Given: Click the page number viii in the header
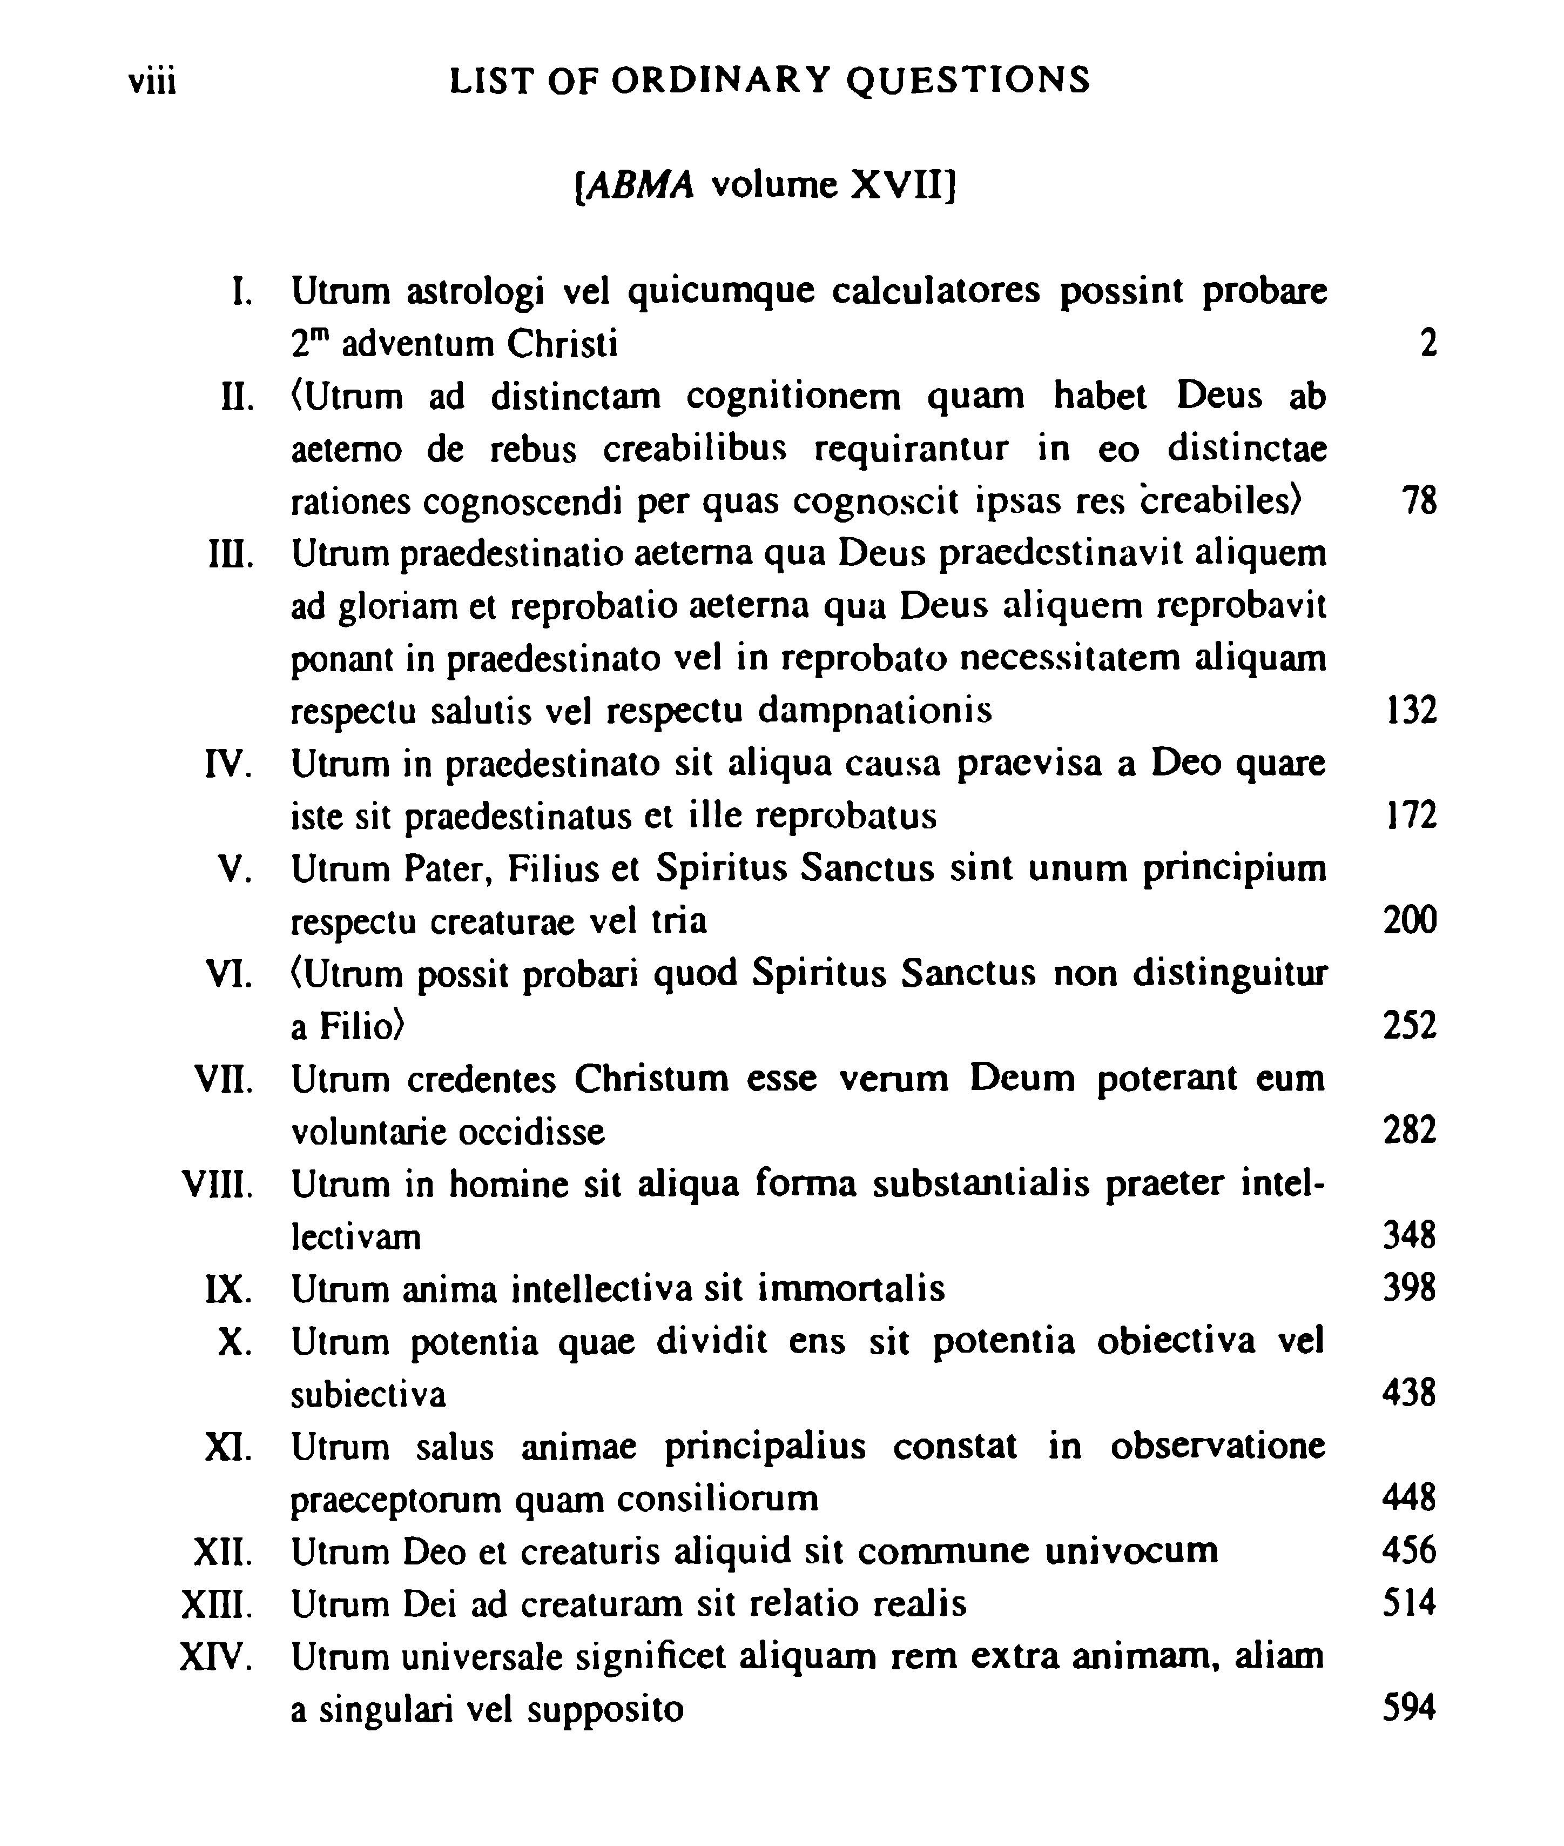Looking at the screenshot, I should (152, 83).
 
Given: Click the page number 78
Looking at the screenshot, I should (1419, 501).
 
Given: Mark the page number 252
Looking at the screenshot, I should (1409, 1026).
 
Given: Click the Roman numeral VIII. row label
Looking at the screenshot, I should (217, 1184).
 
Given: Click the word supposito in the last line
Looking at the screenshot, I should (605, 1709).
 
